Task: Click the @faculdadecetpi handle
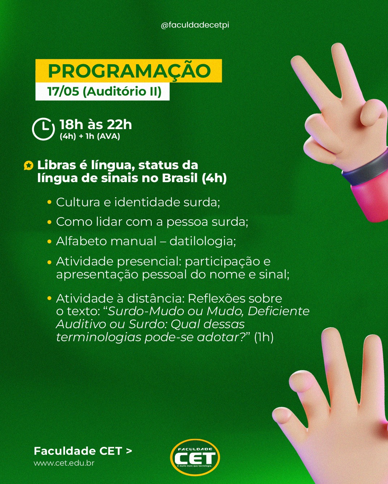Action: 195,25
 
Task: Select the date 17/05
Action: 63,91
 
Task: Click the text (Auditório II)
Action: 122,92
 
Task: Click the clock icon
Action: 43,129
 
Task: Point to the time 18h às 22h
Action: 95,124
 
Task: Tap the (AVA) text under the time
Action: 108,136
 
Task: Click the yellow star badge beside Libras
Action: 29,166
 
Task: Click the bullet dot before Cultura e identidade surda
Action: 49,202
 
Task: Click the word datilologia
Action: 203,242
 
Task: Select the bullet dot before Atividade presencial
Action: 49,262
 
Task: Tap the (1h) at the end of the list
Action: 264,338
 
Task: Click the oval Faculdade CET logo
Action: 195,457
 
